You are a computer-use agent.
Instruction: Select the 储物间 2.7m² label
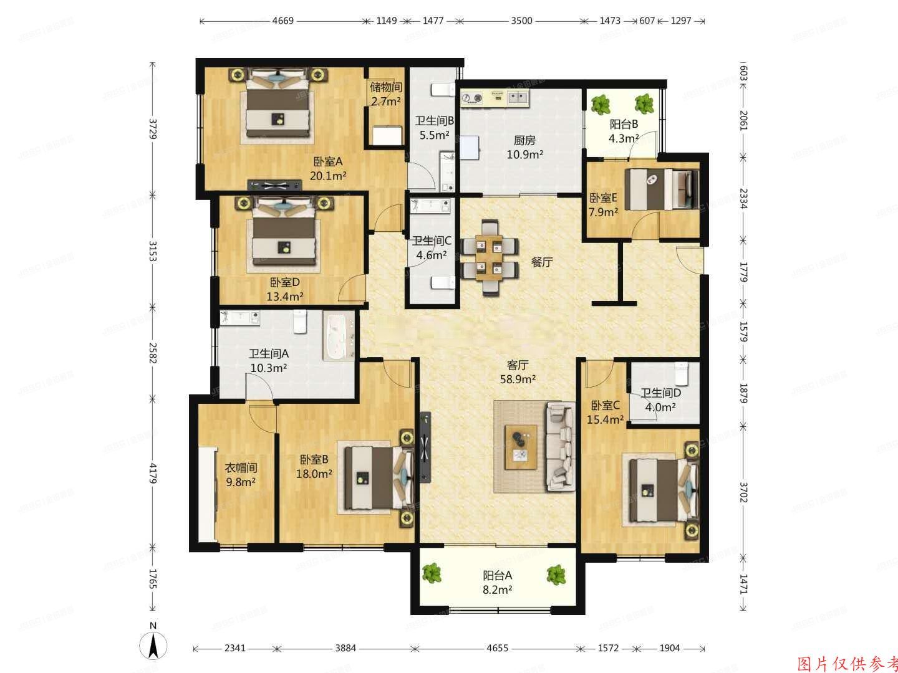pyautogui.click(x=385, y=94)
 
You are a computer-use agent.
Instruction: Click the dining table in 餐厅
pyautogui.click(x=489, y=257)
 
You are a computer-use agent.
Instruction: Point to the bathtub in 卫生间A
pyautogui.click(x=337, y=336)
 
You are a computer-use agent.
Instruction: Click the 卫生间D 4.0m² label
pyautogui.click(x=660, y=400)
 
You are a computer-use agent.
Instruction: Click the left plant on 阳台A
pyautogui.click(x=431, y=573)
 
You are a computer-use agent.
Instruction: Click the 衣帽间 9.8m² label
pyautogui.click(x=241, y=474)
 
